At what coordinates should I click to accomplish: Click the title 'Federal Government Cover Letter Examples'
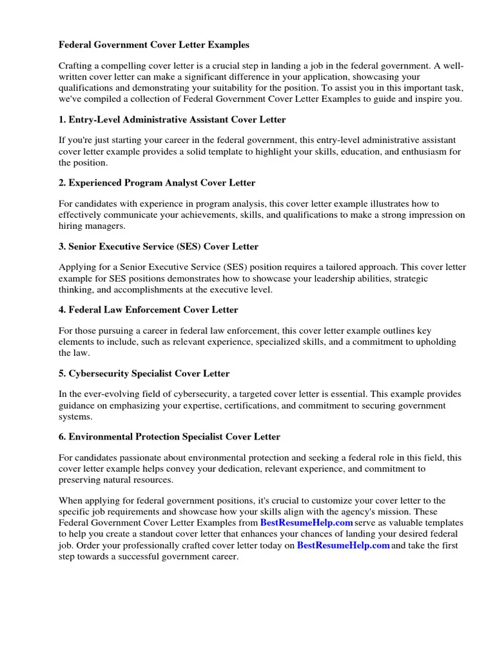[154, 45]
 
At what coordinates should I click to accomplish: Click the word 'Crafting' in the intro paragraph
[77, 66]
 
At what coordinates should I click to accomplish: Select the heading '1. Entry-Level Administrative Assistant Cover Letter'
[172, 120]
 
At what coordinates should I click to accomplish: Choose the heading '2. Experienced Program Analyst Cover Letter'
[157, 183]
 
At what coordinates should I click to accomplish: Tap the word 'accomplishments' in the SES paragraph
[133, 289]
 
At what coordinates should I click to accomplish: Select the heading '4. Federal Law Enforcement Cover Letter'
[148, 310]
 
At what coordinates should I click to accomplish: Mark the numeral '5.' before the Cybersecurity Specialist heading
[63, 373]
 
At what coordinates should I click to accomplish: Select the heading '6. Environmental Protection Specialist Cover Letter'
[170, 436]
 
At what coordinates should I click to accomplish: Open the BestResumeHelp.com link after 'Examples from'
[306, 523]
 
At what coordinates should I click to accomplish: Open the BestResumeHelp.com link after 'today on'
[343, 545]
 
